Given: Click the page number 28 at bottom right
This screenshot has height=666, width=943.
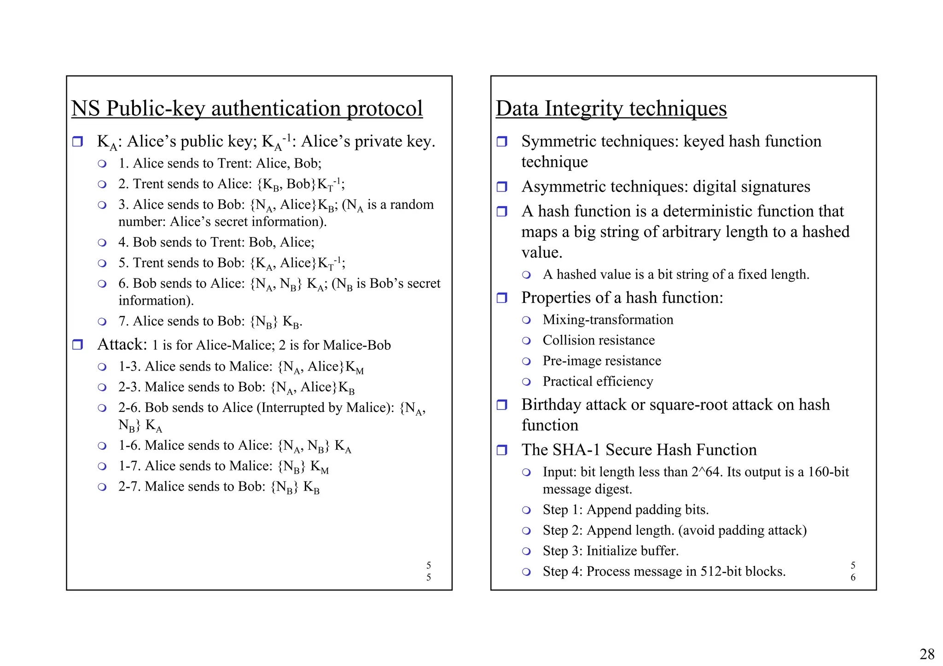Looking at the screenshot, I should (x=927, y=654).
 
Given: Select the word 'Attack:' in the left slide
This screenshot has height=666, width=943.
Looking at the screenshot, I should (x=122, y=344).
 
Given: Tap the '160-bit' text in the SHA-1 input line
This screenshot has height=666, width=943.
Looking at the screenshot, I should (x=828, y=472).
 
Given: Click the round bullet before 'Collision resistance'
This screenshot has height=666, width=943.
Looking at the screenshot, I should (x=526, y=341).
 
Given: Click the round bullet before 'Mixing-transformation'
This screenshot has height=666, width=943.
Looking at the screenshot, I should (x=526, y=320).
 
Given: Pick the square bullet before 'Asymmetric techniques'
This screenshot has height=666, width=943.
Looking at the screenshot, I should (x=502, y=187).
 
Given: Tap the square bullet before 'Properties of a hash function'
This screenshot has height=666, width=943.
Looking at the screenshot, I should (x=502, y=298).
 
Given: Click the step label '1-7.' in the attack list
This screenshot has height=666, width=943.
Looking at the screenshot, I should (x=130, y=466).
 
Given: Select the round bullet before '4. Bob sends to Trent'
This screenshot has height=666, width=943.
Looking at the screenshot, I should (x=102, y=243).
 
